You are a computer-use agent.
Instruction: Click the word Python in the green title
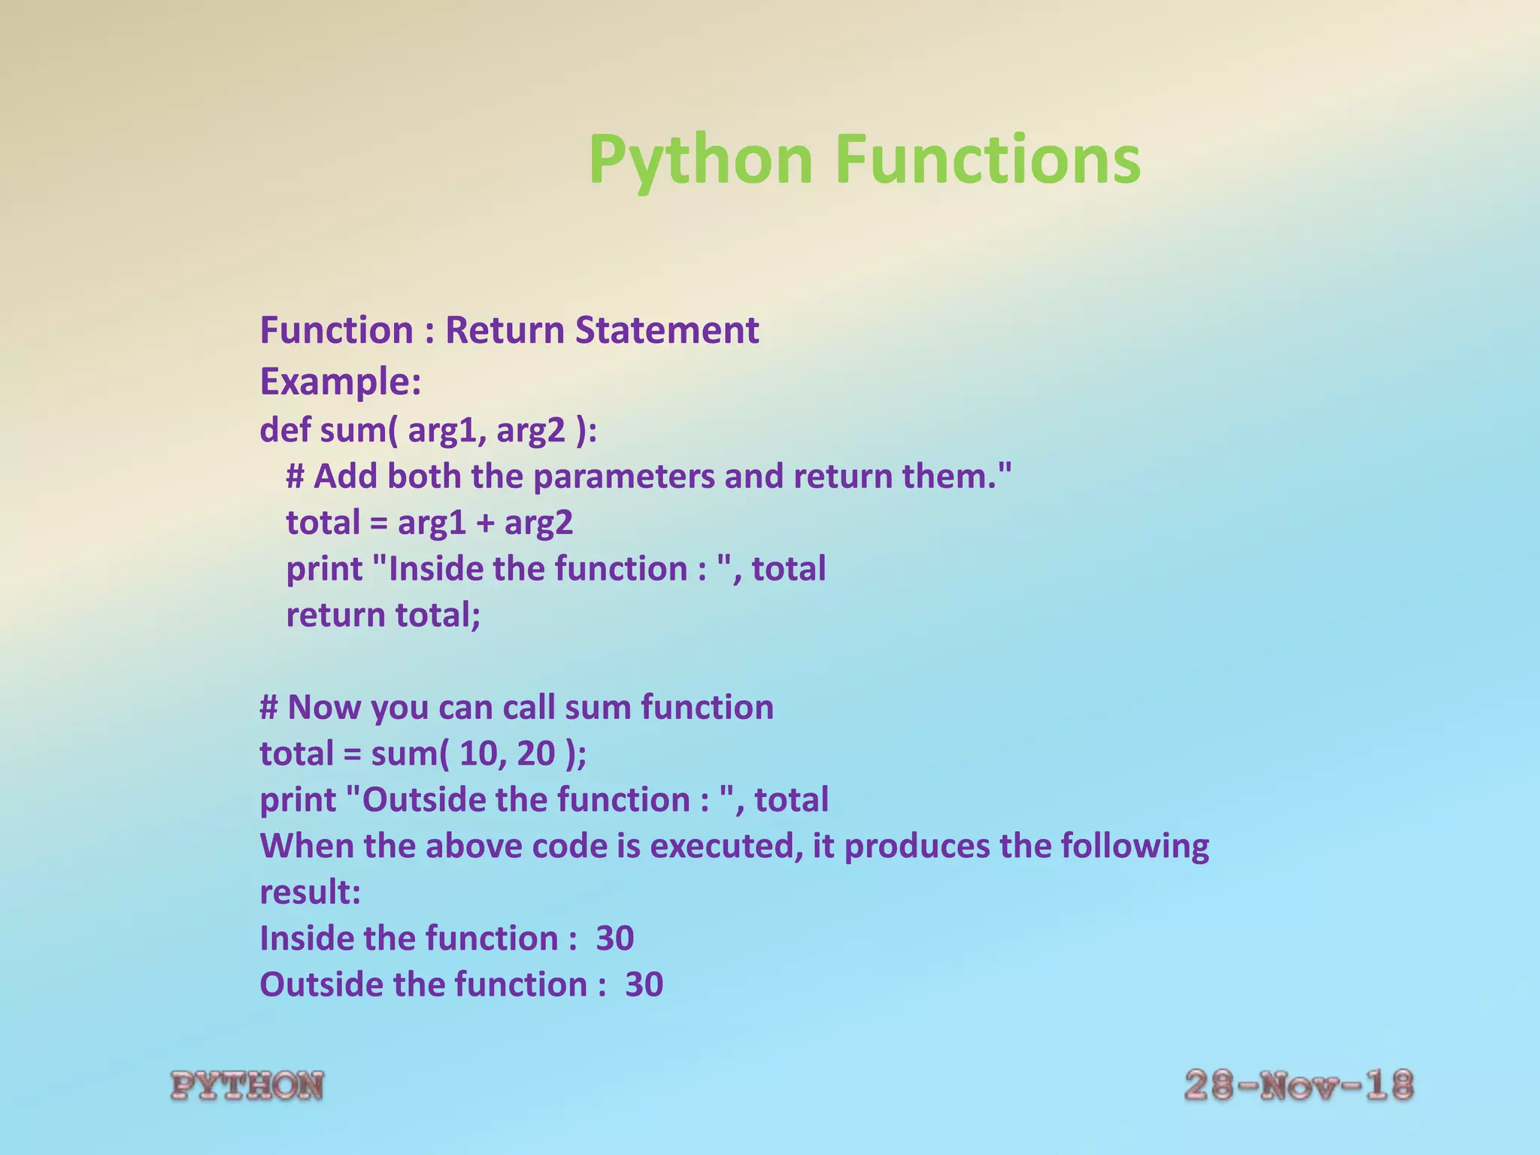[700, 159]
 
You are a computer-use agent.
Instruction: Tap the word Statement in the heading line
[667, 330]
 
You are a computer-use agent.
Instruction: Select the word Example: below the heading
[340, 381]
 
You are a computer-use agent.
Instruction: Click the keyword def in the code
[286, 430]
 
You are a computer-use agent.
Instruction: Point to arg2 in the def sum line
[530, 431]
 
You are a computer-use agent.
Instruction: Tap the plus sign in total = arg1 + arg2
[485, 523]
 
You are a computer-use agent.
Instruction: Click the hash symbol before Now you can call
[269, 708]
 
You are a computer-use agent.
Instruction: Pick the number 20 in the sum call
[535, 753]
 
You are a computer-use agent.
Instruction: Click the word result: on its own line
[310, 893]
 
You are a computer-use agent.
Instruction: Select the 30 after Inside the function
[614, 938]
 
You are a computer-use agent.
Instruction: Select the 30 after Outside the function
[644, 984]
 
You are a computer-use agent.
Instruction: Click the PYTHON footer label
[247, 1086]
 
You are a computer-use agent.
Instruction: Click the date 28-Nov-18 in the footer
[1299, 1086]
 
